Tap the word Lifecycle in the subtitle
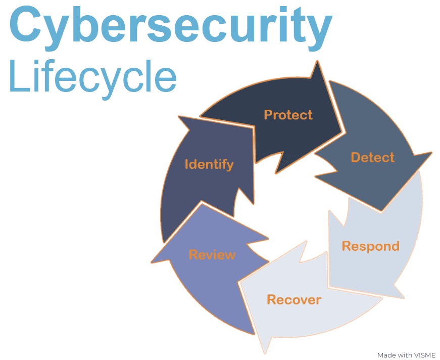coord(92,77)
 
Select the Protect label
coord(288,115)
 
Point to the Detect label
coord(373,157)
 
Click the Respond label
coord(371,246)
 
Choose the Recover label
coord(294,299)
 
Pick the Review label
coord(212,254)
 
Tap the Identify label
coord(209,164)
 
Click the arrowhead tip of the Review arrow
coord(152,261)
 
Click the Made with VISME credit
coord(406,355)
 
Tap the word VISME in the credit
coord(425,355)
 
